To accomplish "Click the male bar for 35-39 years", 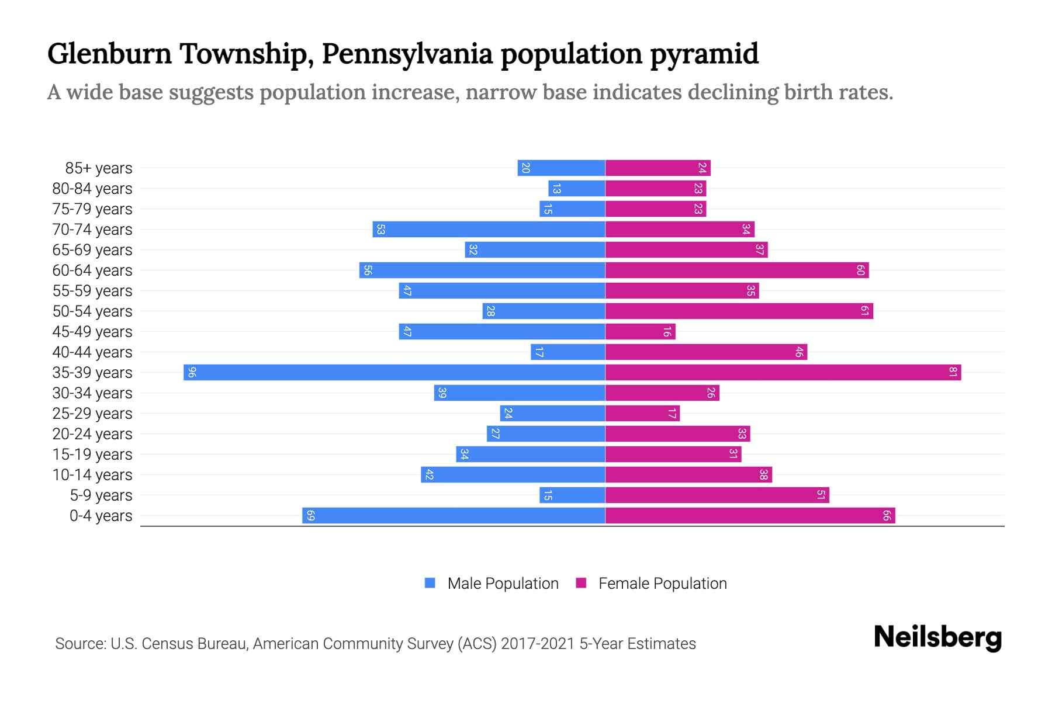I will tap(394, 373).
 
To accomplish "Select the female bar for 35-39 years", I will tap(783, 373).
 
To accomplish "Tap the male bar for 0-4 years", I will tap(454, 516).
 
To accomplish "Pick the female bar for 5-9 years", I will tap(717, 495).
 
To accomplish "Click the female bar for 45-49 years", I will tap(640, 332).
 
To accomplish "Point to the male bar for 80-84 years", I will tap(577, 189).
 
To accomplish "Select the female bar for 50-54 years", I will tap(739, 311).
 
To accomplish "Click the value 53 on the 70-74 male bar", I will tap(380, 230).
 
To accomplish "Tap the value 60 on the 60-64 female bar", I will tap(860, 270).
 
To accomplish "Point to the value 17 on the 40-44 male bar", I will tap(539, 352).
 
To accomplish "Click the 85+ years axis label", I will tap(99, 168).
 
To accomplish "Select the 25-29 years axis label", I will tap(92, 414).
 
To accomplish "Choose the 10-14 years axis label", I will tap(92, 475).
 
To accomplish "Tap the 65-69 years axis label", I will tap(92, 250).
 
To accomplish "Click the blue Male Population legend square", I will tap(430, 583).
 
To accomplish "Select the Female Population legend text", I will tap(662, 584).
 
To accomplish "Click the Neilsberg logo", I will tap(937, 637).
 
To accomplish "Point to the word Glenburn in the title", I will tap(109, 54).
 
